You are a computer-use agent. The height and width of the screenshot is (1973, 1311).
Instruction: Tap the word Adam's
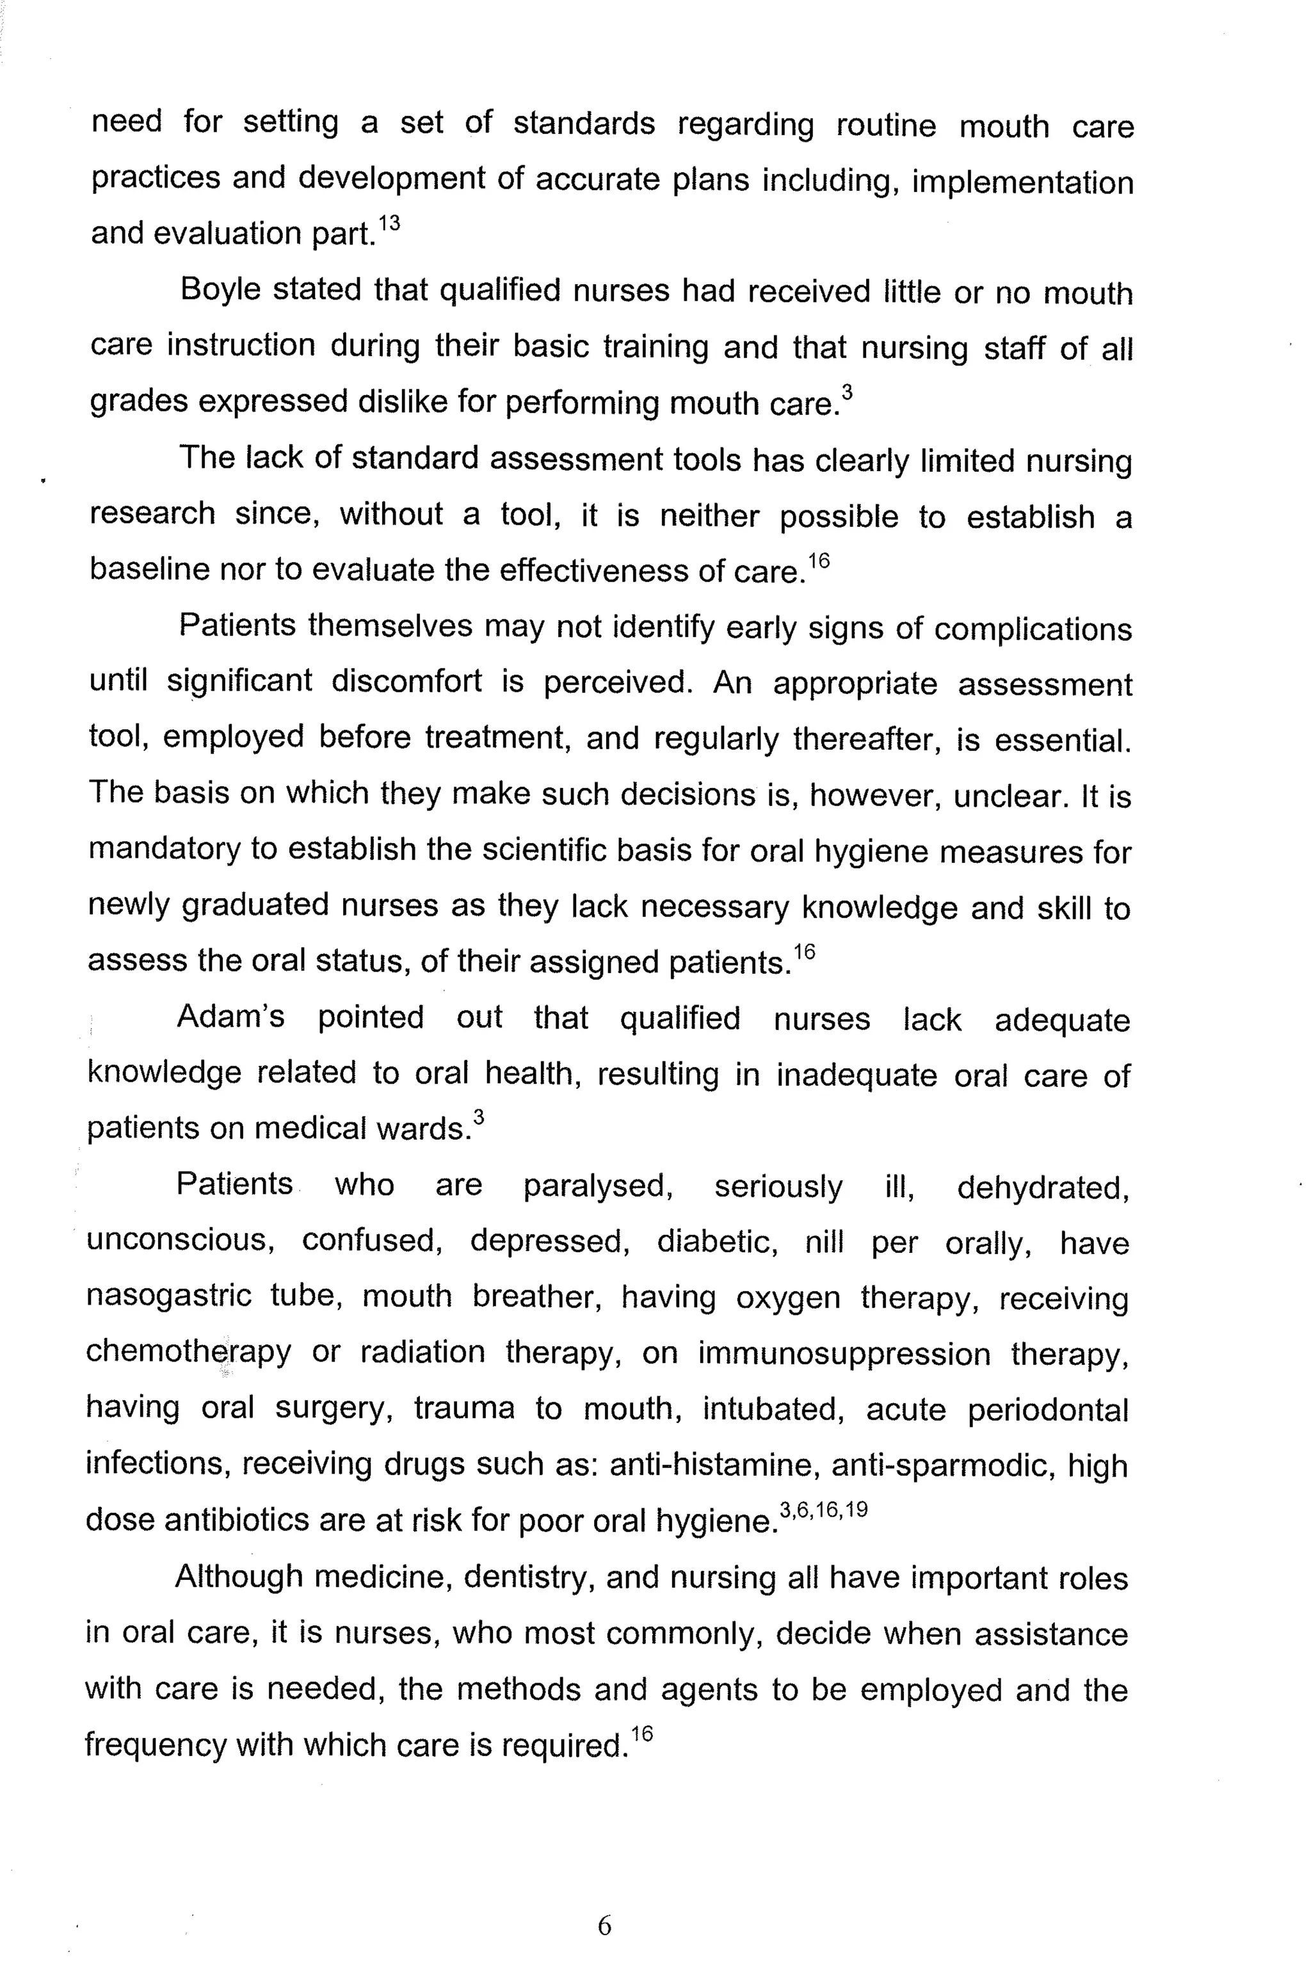[230, 1017]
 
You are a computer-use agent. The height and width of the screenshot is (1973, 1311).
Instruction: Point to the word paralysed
[599, 1186]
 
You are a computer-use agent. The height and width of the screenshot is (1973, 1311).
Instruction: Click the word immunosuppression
[844, 1353]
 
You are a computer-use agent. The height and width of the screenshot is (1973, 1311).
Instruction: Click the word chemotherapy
[189, 1352]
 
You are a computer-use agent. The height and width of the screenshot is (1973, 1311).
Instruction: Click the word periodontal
[1048, 1410]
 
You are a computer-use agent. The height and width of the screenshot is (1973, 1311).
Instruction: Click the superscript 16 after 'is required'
[641, 1734]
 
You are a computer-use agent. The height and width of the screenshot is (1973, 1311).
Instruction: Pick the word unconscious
[181, 1241]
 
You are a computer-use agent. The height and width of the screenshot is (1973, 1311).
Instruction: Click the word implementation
[1022, 181]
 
